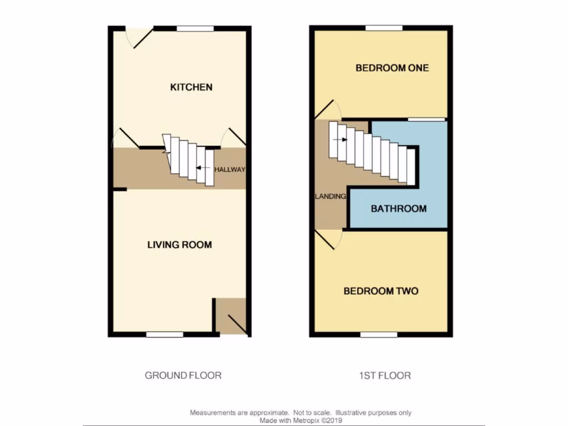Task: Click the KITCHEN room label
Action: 191,87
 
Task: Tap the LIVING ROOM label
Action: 179,245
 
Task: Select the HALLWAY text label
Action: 230,170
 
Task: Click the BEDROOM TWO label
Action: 381,291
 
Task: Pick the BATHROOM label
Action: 398,209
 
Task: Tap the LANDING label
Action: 331,196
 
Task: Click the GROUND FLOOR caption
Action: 183,376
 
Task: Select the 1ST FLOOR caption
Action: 384,376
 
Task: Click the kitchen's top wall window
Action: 195,28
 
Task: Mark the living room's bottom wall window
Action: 165,334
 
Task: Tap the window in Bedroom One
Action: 384,28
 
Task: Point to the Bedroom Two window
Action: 379,334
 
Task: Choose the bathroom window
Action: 427,119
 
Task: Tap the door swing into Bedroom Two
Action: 329,240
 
